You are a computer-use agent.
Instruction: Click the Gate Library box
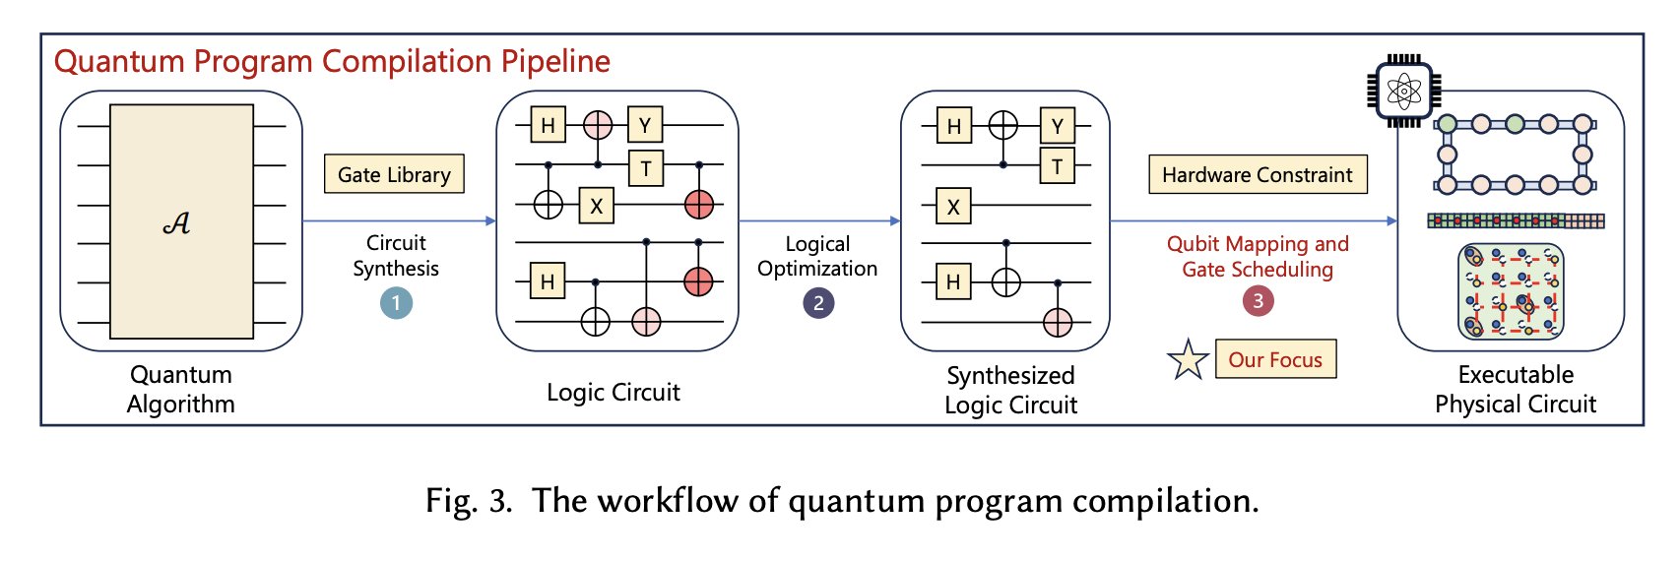[x=394, y=174]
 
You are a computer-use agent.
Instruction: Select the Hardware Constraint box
[x=1258, y=174]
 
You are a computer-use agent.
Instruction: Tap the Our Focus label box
[x=1275, y=359]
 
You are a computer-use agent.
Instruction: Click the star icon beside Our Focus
[x=1188, y=360]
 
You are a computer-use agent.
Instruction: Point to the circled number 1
[x=396, y=304]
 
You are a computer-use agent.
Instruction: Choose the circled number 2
[x=818, y=303]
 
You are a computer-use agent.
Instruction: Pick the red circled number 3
[x=1258, y=301]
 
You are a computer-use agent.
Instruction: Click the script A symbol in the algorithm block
[x=176, y=222]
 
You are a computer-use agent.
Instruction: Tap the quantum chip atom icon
[x=1403, y=91]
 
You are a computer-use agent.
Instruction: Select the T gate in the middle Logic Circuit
[x=645, y=168]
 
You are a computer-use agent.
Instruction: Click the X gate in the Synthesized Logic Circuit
[x=953, y=207]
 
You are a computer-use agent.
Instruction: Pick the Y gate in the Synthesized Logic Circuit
[x=1057, y=126]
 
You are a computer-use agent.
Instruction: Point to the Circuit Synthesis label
[x=396, y=256]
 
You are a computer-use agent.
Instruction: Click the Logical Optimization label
[x=817, y=257]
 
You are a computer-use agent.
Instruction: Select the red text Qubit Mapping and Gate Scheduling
[x=1258, y=257]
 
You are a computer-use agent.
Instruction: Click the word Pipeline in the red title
[x=555, y=61]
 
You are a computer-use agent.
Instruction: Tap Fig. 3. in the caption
[x=469, y=500]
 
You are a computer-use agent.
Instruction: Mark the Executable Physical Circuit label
[x=1516, y=389]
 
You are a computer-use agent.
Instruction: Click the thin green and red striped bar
[x=1516, y=220]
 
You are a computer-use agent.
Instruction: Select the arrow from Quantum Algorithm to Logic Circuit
[x=399, y=221]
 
